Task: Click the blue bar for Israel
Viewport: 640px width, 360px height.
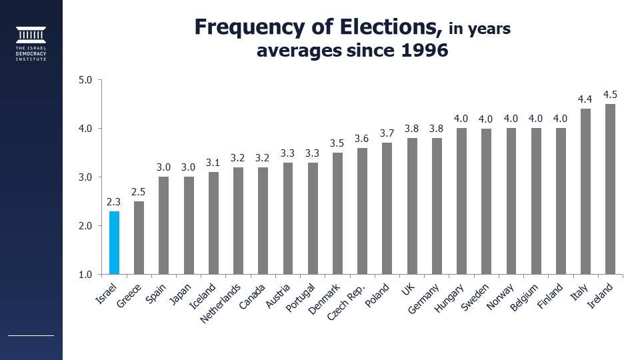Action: tap(114, 243)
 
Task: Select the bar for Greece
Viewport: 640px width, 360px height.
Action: tap(139, 237)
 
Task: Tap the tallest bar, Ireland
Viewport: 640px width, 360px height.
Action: tap(609, 189)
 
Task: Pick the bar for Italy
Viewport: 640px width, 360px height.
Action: tap(585, 192)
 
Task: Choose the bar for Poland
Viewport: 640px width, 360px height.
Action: tap(387, 209)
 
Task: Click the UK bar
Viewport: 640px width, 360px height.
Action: tap(412, 206)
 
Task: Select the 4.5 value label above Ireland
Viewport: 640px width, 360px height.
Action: tap(609, 94)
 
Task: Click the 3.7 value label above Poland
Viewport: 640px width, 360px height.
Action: tap(387, 133)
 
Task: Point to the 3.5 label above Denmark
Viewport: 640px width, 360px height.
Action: tap(337, 143)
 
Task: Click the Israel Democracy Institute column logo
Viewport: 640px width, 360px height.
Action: tap(31, 35)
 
